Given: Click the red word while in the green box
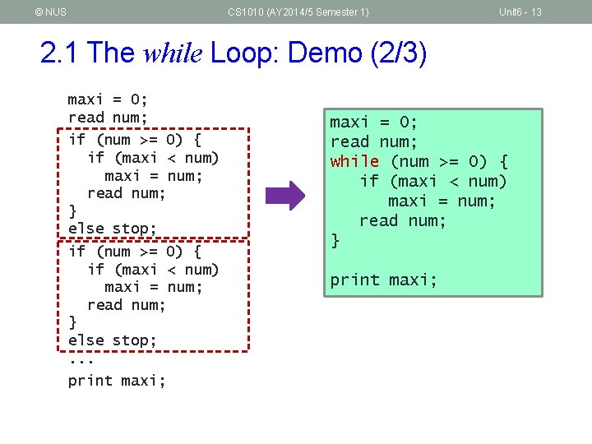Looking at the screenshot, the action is pyautogui.click(x=354, y=161).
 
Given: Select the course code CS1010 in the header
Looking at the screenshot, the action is pyautogui.click(x=246, y=12).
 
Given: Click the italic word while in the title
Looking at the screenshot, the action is pyautogui.click(x=174, y=53).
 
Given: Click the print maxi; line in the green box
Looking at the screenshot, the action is pyautogui.click(x=384, y=280).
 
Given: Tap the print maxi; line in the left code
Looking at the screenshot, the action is pyautogui.click(x=117, y=380).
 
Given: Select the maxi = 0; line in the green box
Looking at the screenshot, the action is pyautogui.click(x=374, y=123).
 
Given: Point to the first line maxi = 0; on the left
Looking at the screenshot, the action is pyautogui.click(x=108, y=100).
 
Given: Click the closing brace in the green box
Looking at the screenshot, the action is pyautogui.click(x=335, y=240).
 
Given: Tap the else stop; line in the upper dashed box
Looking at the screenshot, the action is pyautogui.click(x=112, y=229).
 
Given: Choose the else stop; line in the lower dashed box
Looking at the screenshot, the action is pyautogui.click(x=112, y=340).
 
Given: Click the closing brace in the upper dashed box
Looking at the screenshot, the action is pyautogui.click(x=72, y=210).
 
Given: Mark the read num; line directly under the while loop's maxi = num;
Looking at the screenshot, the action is pyautogui.click(x=403, y=220).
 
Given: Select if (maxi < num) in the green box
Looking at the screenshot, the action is pyautogui.click(x=433, y=181).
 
